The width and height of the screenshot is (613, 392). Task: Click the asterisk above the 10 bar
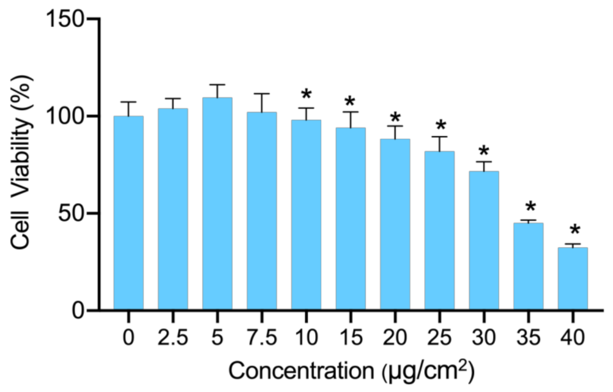tap(306, 95)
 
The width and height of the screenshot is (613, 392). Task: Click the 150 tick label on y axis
tap(65, 19)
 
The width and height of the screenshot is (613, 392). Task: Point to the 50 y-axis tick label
tap(71, 213)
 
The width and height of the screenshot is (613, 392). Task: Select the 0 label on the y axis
tap(78, 311)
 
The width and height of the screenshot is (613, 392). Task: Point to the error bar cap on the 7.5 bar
tap(262, 94)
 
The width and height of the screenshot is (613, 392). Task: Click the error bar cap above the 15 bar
tap(351, 112)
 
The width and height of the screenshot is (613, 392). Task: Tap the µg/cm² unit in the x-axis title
tap(429, 370)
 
